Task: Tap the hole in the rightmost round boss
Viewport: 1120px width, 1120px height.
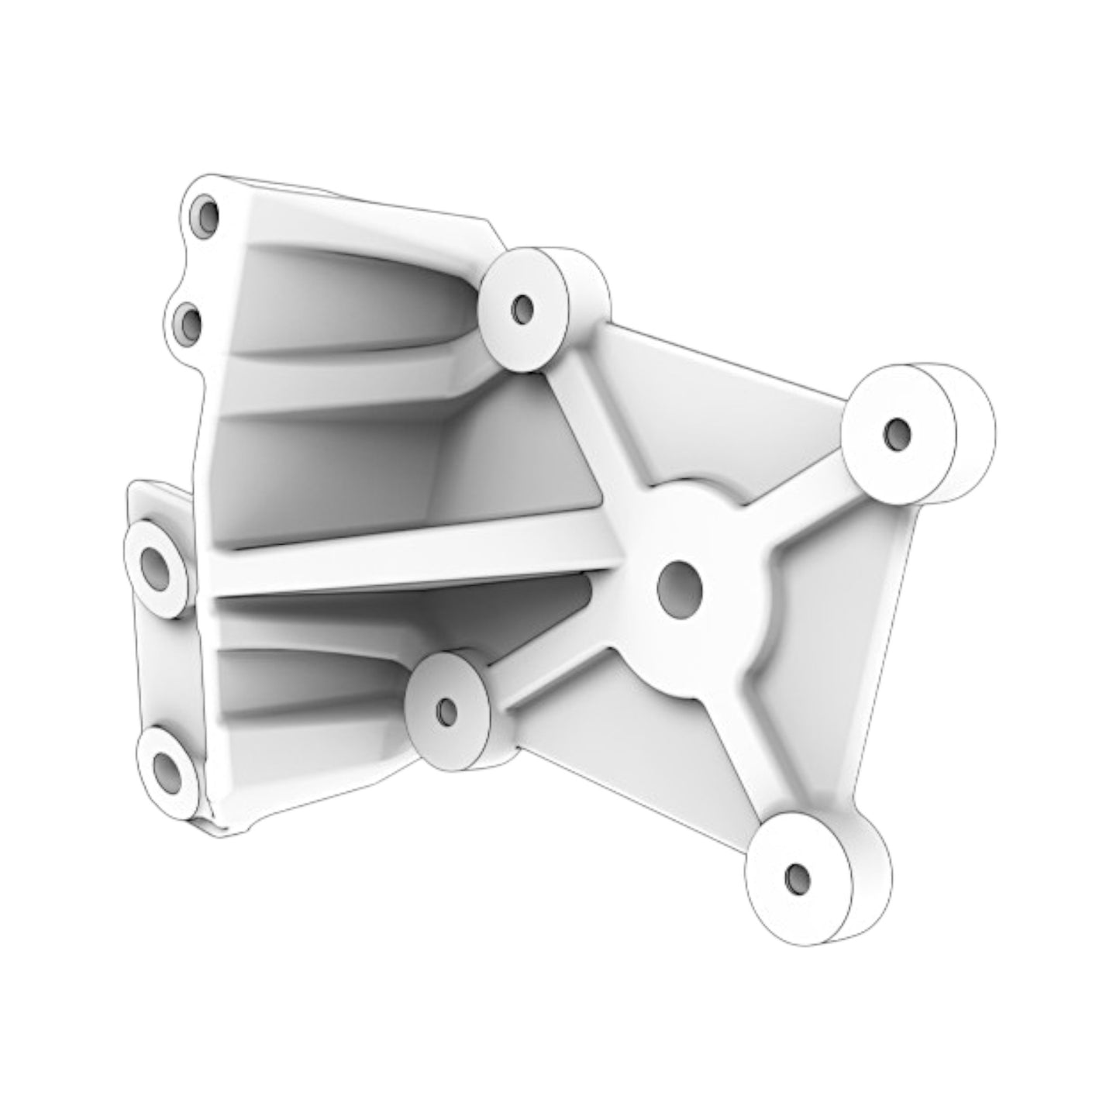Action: tap(897, 435)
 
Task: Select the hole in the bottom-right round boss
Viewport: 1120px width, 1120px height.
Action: tap(797, 877)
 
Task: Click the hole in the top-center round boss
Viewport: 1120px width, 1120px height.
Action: tap(524, 309)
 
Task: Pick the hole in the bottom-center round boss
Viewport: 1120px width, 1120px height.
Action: tap(447, 711)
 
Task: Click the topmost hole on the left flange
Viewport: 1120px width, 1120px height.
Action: tap(207, 216)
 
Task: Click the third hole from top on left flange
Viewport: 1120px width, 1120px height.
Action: tap(155, 570)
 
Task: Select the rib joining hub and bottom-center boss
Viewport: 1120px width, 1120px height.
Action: tap(558, 659)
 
